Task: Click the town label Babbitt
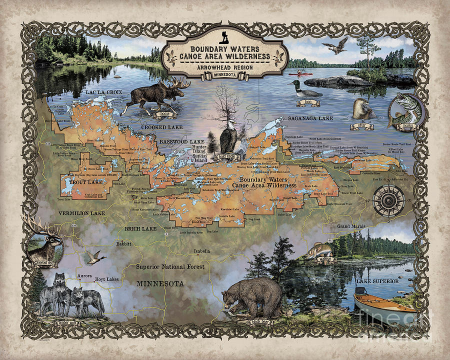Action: click(x=123, y=244)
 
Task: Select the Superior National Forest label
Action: click(x=170, y=267)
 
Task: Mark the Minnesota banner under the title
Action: click(x=224, y=76)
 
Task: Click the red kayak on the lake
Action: click(x=297, y=73)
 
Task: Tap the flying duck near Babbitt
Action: click(x=93, y=257)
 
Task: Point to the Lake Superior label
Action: click(x=377, y=281)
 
